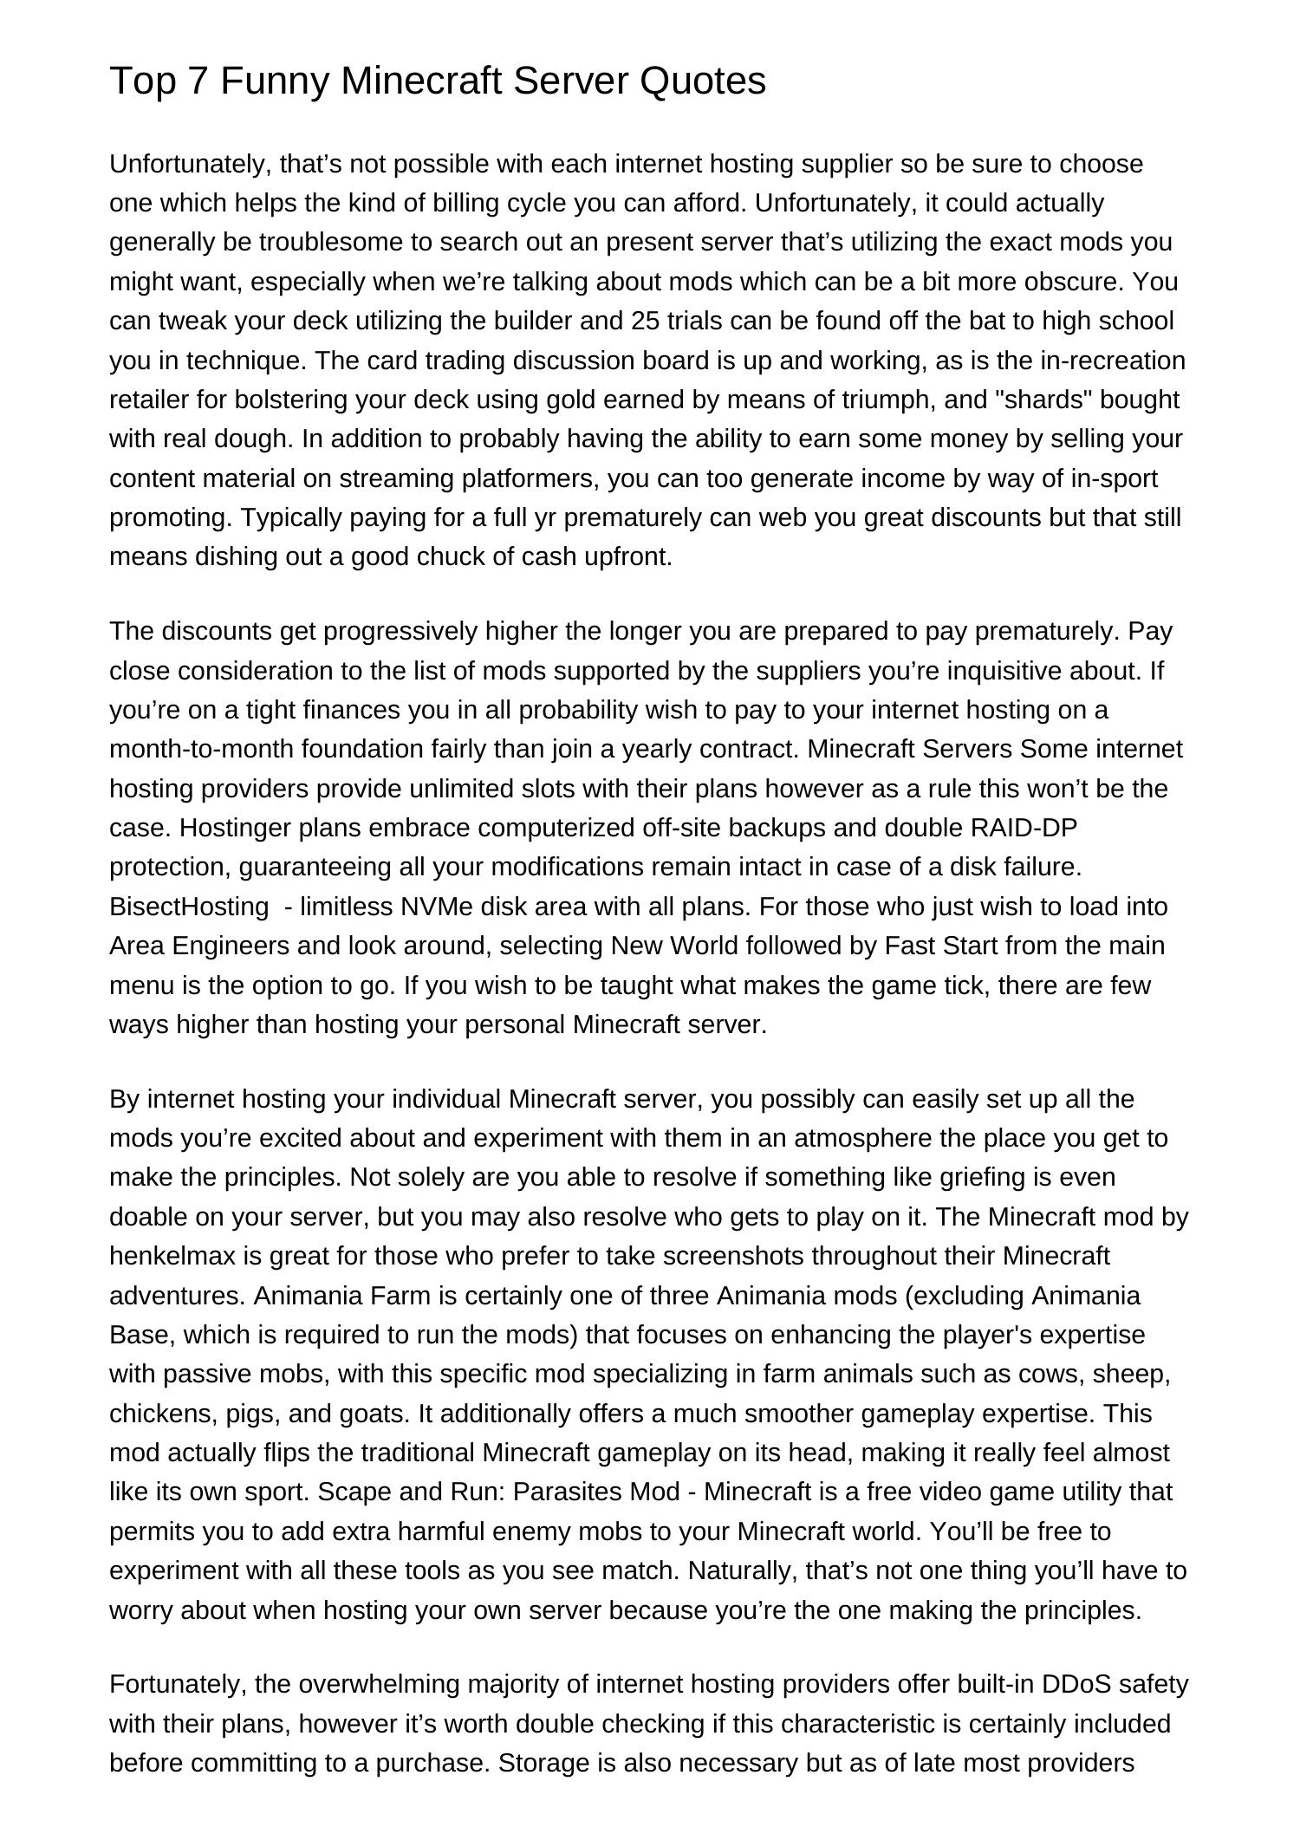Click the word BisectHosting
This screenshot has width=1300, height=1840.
pyautogui.click(x=189, y=907)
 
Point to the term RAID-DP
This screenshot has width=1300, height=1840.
pyautogui.click(x=1024, y=828)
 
